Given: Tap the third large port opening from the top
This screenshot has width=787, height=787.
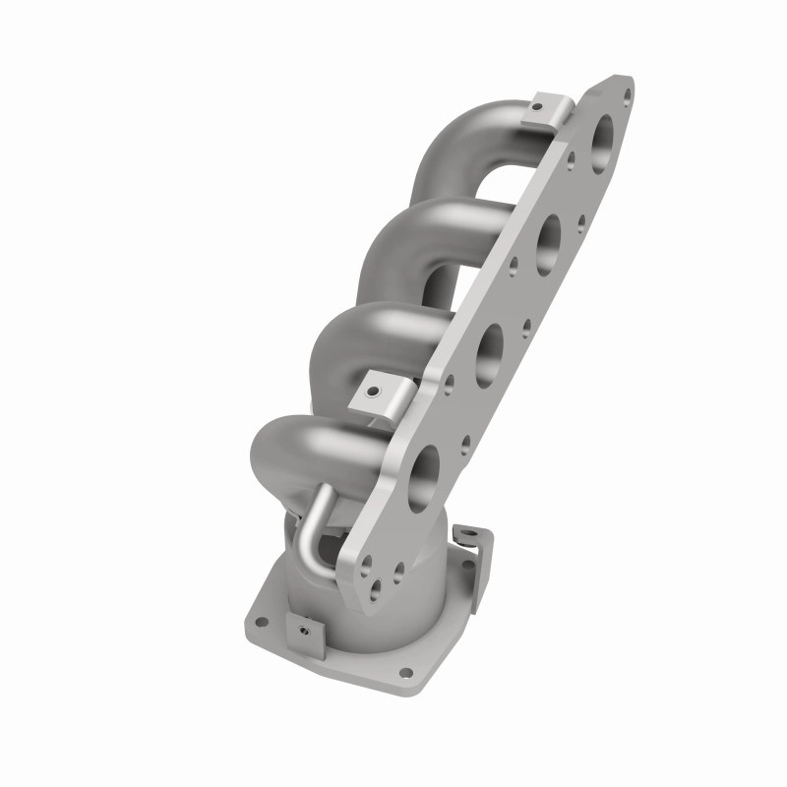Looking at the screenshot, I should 486,349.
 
